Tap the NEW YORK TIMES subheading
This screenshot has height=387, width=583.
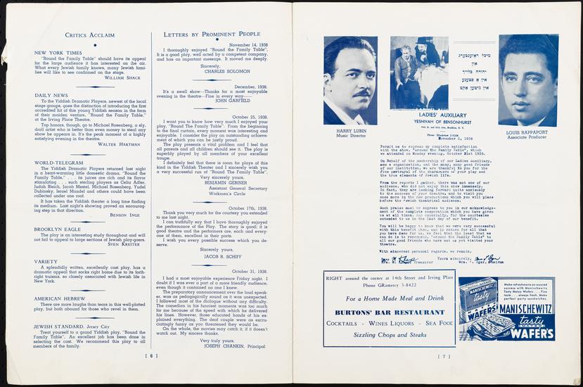click(59, 53)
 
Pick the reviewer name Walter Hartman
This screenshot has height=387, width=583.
click(118, 144)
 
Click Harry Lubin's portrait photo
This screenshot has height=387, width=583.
click(350, 80)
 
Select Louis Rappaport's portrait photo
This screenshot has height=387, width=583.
click(529, 80)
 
